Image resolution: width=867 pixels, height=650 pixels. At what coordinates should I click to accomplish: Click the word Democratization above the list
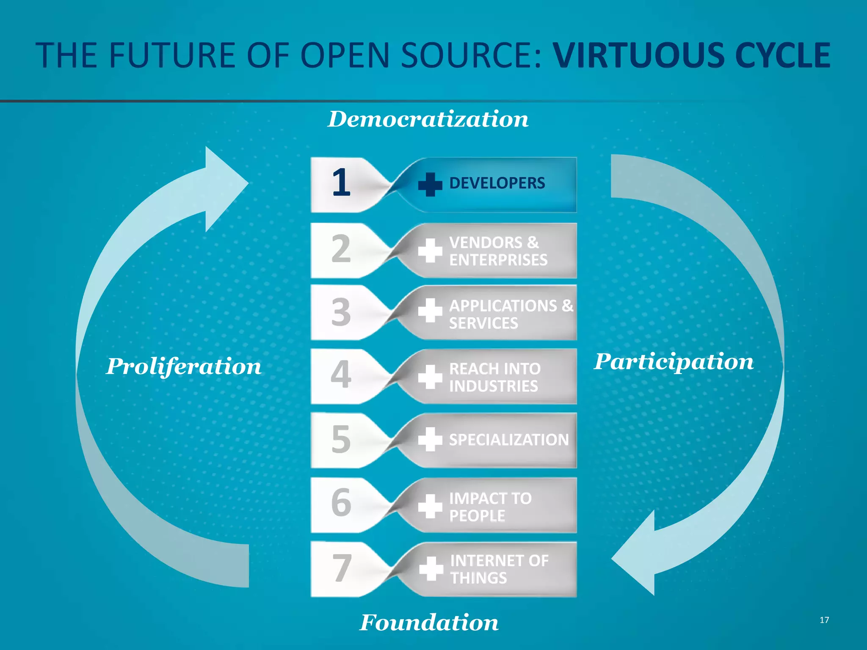pyautogui.click(x=428, y=119)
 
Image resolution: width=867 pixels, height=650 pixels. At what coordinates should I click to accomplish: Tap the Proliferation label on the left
pyautogui.click(x=184, y=366)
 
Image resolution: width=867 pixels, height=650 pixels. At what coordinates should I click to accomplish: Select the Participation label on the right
pyautogui.click(x=674, y=362)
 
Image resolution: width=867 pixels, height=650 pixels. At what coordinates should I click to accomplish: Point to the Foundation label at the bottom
pyautogui.click(x=429, y=622)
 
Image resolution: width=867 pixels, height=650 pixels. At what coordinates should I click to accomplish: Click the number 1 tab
pyautogui.click(x=341, y=183)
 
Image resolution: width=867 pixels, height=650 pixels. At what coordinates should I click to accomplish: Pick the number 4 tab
pyautogui.click(x=341, y=375)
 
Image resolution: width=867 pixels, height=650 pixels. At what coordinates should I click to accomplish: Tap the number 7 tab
pyautogui.click(x=341, y=568)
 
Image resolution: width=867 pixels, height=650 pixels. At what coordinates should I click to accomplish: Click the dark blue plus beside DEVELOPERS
pyautogui.click(x=430, y=184)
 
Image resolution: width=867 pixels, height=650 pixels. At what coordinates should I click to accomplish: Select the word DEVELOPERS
pyautogui.click(x=497, y=183)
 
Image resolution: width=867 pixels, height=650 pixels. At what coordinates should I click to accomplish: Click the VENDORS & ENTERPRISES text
pyautogui.click(x=498, y=251)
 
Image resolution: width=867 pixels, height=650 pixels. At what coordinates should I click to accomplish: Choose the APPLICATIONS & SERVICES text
pyautogui.click(x=511, y=314)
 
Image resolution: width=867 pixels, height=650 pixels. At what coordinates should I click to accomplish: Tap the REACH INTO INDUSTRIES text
pyautogui.click(x=494, y=377)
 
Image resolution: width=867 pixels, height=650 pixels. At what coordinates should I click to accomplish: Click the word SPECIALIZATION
pyautogui.click(x=509, y=440)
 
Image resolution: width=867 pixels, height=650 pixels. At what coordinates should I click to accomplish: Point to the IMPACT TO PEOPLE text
pyautogui.click(x=490, y=507)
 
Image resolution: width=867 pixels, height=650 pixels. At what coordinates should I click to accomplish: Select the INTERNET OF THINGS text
pyautogui.click(x=499, y=569)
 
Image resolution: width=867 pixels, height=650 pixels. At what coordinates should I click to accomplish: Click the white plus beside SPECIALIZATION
pyautogui.click(x=430, y=439)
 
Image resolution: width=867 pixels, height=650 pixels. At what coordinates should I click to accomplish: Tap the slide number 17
pyautogui.click(x=824, y=620)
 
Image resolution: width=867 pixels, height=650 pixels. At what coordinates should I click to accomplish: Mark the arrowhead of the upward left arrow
pyautogui.click(x=224, y=186)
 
